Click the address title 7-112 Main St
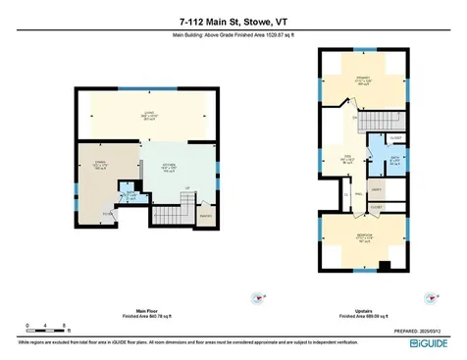click(x=233, y=20)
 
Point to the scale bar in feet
click(x=46, y=326)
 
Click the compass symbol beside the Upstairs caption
click(x=428, y=294)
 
